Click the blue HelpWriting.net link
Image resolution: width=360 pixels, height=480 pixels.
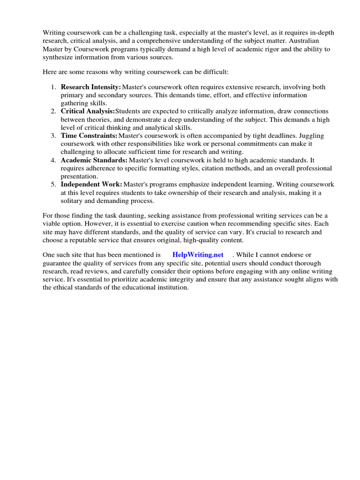198,255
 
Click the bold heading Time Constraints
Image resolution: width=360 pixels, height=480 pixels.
89,135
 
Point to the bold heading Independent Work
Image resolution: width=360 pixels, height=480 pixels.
91,184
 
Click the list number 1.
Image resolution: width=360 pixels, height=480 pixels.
53,87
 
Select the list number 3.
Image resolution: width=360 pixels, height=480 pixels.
53,135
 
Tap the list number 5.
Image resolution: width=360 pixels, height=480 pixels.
53,184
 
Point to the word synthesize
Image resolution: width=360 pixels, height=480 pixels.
60,57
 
